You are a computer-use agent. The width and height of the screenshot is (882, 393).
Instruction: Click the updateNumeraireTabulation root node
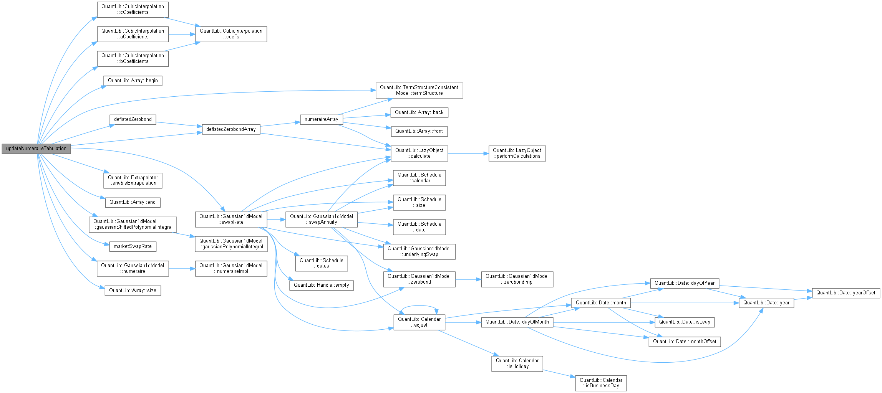36,149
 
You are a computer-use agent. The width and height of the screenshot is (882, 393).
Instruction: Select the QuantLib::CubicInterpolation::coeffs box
231,34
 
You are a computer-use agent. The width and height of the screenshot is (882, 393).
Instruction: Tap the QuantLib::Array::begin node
133,81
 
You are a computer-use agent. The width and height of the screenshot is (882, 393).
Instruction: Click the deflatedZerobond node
133,119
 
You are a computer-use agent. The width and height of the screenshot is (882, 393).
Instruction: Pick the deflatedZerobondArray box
231,129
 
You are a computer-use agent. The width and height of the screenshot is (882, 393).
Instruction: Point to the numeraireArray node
321,119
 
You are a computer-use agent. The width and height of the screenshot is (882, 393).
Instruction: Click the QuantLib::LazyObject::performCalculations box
517,153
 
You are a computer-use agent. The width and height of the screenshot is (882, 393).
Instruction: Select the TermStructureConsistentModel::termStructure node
419,90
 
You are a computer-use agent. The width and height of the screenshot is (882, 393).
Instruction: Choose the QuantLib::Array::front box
419,131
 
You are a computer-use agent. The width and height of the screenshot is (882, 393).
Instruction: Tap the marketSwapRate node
133,246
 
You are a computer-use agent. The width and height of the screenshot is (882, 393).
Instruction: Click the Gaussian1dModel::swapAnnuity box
322,219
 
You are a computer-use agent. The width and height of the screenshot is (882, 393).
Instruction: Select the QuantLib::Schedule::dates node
322,263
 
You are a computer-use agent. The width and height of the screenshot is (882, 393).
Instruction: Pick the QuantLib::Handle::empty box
322,285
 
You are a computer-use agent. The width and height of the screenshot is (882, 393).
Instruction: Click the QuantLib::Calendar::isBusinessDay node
601,383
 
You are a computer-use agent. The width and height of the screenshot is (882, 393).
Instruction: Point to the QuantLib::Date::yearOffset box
846,292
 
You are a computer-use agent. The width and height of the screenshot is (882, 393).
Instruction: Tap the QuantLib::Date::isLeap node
685,322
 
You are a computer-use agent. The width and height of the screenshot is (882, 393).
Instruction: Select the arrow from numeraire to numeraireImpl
182,269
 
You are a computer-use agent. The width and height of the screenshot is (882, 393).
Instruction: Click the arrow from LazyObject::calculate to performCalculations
468,154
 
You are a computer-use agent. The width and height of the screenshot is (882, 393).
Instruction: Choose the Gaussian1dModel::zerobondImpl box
517,279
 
